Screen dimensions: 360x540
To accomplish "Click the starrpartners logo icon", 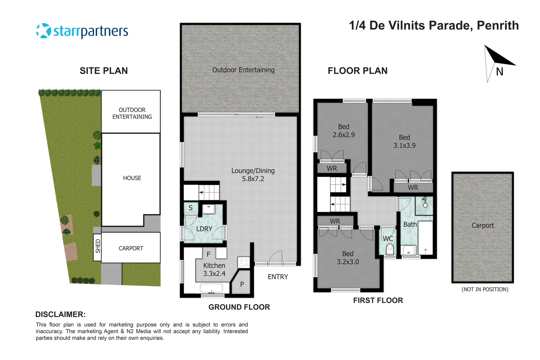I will [43, 31].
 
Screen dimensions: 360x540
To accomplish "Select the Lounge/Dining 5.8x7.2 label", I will [253, 175].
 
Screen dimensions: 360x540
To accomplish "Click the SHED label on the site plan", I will [98, 246].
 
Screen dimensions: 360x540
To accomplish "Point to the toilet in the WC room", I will [390, 249].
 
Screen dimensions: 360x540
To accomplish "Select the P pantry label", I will [242, 284].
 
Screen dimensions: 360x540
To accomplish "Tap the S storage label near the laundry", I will [190, 208].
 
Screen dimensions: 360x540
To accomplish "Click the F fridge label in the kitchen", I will [208, 254].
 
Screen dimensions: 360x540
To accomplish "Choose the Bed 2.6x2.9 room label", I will [344, 131].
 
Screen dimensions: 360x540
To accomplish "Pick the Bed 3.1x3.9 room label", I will [404, 141].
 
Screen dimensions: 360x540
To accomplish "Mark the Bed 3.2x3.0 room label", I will [348, 258].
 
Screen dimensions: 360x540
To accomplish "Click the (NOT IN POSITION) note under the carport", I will [485, 289].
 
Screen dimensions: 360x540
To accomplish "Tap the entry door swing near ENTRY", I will [275, 257].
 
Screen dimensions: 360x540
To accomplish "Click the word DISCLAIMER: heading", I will [60, 314].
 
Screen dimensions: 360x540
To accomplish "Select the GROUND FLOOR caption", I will [239, 307].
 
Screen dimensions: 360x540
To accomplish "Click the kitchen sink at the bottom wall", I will [211, 288].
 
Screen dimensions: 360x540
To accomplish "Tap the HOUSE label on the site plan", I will [132, 178].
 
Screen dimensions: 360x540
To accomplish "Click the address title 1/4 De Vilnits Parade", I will [434, 26].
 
